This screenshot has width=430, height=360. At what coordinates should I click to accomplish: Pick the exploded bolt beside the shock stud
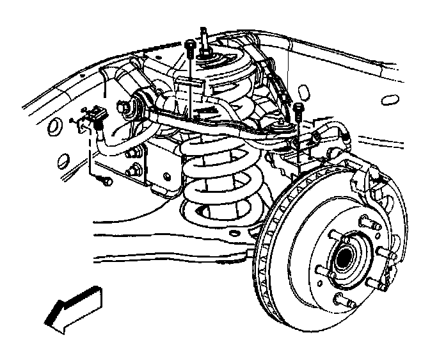[x=189, y=47]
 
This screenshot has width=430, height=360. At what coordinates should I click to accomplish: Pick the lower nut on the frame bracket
[x=136, y=170]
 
